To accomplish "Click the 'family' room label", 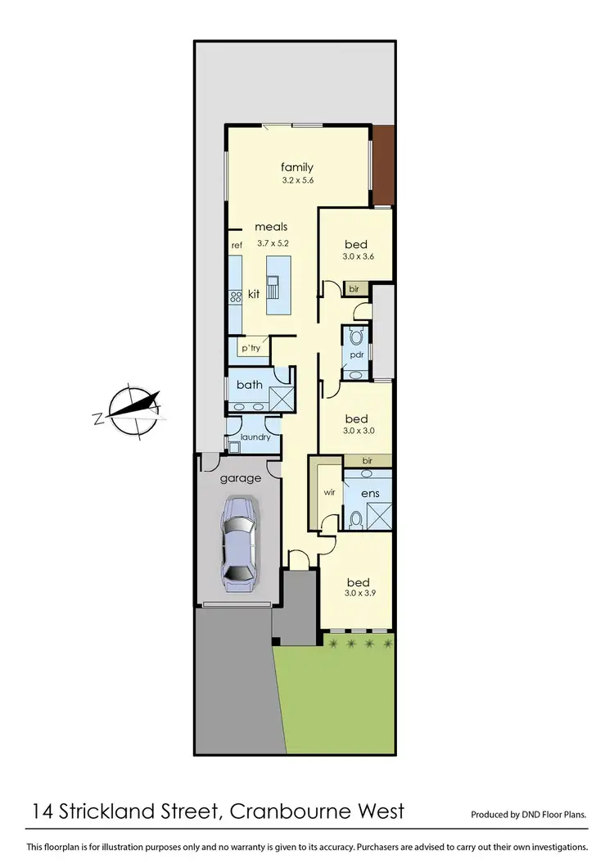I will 296,168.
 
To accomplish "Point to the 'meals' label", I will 271,227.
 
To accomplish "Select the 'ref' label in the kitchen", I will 237,245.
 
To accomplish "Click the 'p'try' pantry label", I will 251,348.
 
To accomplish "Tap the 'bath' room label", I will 249,384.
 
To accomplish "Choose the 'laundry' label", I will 254,437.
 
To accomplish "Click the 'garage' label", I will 241,477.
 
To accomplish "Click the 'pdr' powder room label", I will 356,355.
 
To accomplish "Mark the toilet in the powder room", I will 356,337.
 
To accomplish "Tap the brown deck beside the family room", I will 382,165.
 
